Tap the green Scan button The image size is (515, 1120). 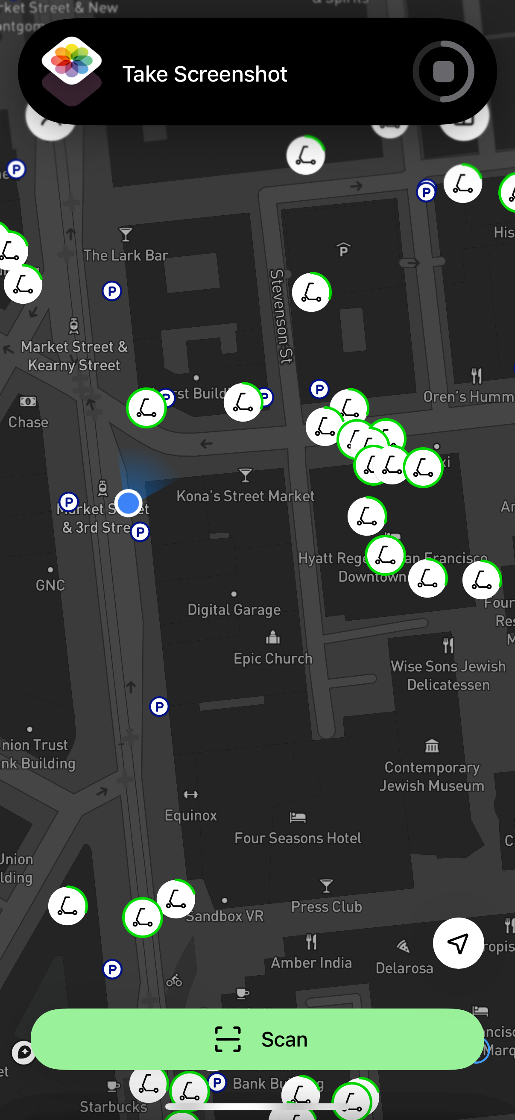257,1039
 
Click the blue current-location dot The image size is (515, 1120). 128,503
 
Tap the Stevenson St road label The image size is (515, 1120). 281,316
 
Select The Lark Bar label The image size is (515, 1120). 126,255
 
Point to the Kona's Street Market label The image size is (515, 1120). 245,495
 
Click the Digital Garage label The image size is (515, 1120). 234,610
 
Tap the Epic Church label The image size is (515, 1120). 273,658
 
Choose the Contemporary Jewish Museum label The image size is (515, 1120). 432,777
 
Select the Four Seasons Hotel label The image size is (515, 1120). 298,838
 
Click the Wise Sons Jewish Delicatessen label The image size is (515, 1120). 448,675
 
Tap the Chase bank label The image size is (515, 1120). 28,422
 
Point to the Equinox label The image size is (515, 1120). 191,815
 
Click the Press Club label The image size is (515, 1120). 326,906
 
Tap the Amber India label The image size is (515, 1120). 311,963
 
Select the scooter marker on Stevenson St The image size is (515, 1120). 311,293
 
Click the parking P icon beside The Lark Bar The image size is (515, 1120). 112,291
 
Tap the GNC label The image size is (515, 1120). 50,585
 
